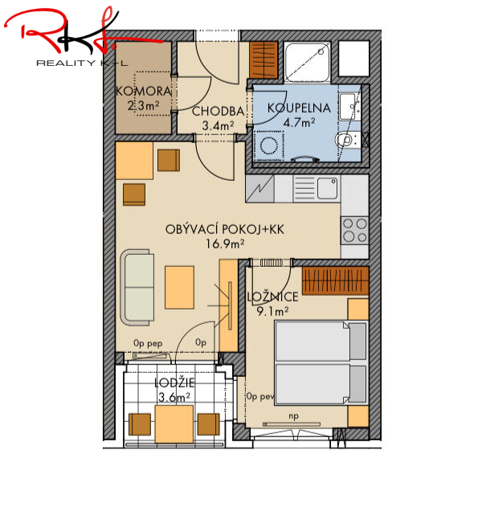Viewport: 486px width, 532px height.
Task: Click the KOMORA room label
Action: [x=144, y=91]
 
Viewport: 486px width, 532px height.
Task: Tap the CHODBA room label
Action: [x=218, y=111]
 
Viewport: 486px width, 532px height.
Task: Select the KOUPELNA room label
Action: [x=299, y=108]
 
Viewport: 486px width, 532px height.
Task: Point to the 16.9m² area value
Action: [x=225, y=243]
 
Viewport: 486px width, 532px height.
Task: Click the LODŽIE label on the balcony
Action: [x=174, y=383]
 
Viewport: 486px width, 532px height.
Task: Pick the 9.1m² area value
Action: [x=272, y=311]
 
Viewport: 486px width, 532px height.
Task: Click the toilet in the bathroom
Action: [x=347, y=139]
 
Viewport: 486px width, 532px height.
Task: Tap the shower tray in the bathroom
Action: [x=307, y=62]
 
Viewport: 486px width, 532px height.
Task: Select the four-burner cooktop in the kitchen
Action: [x=355, y=231]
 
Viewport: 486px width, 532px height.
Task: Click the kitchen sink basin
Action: [x=327, y=187]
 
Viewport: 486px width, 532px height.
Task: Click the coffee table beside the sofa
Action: [x=179, y=288]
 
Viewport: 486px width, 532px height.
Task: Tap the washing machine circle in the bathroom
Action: [x=269, y=145]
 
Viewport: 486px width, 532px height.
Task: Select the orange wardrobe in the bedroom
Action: [x=335, y=280]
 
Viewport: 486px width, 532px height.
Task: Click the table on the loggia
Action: [x=174, y=424]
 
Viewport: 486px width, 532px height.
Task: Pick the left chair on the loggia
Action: [x=140, y=424]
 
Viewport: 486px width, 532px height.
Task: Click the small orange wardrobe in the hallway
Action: [x=263, y=60]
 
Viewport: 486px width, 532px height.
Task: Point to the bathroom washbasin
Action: [x=349, y=106]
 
